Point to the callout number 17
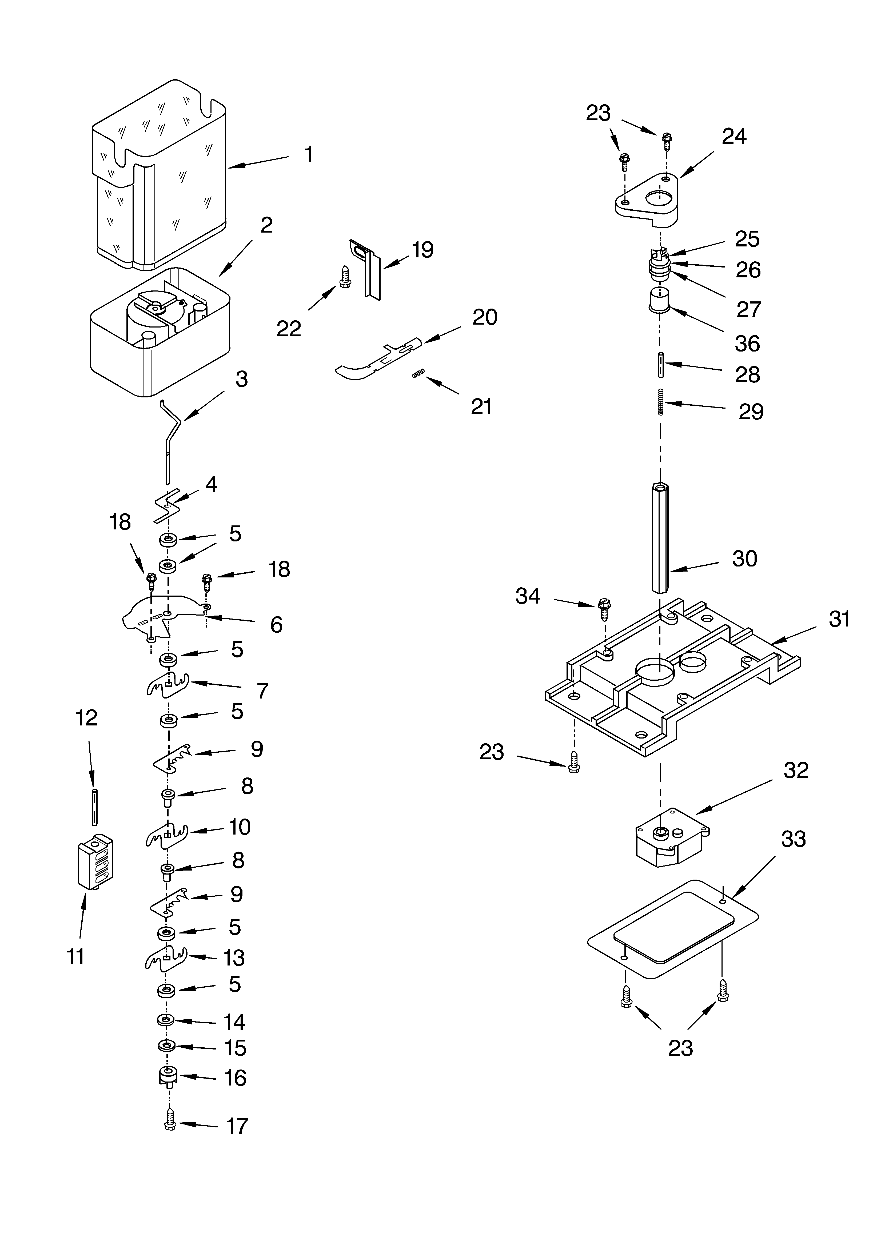coord(237,1126)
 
